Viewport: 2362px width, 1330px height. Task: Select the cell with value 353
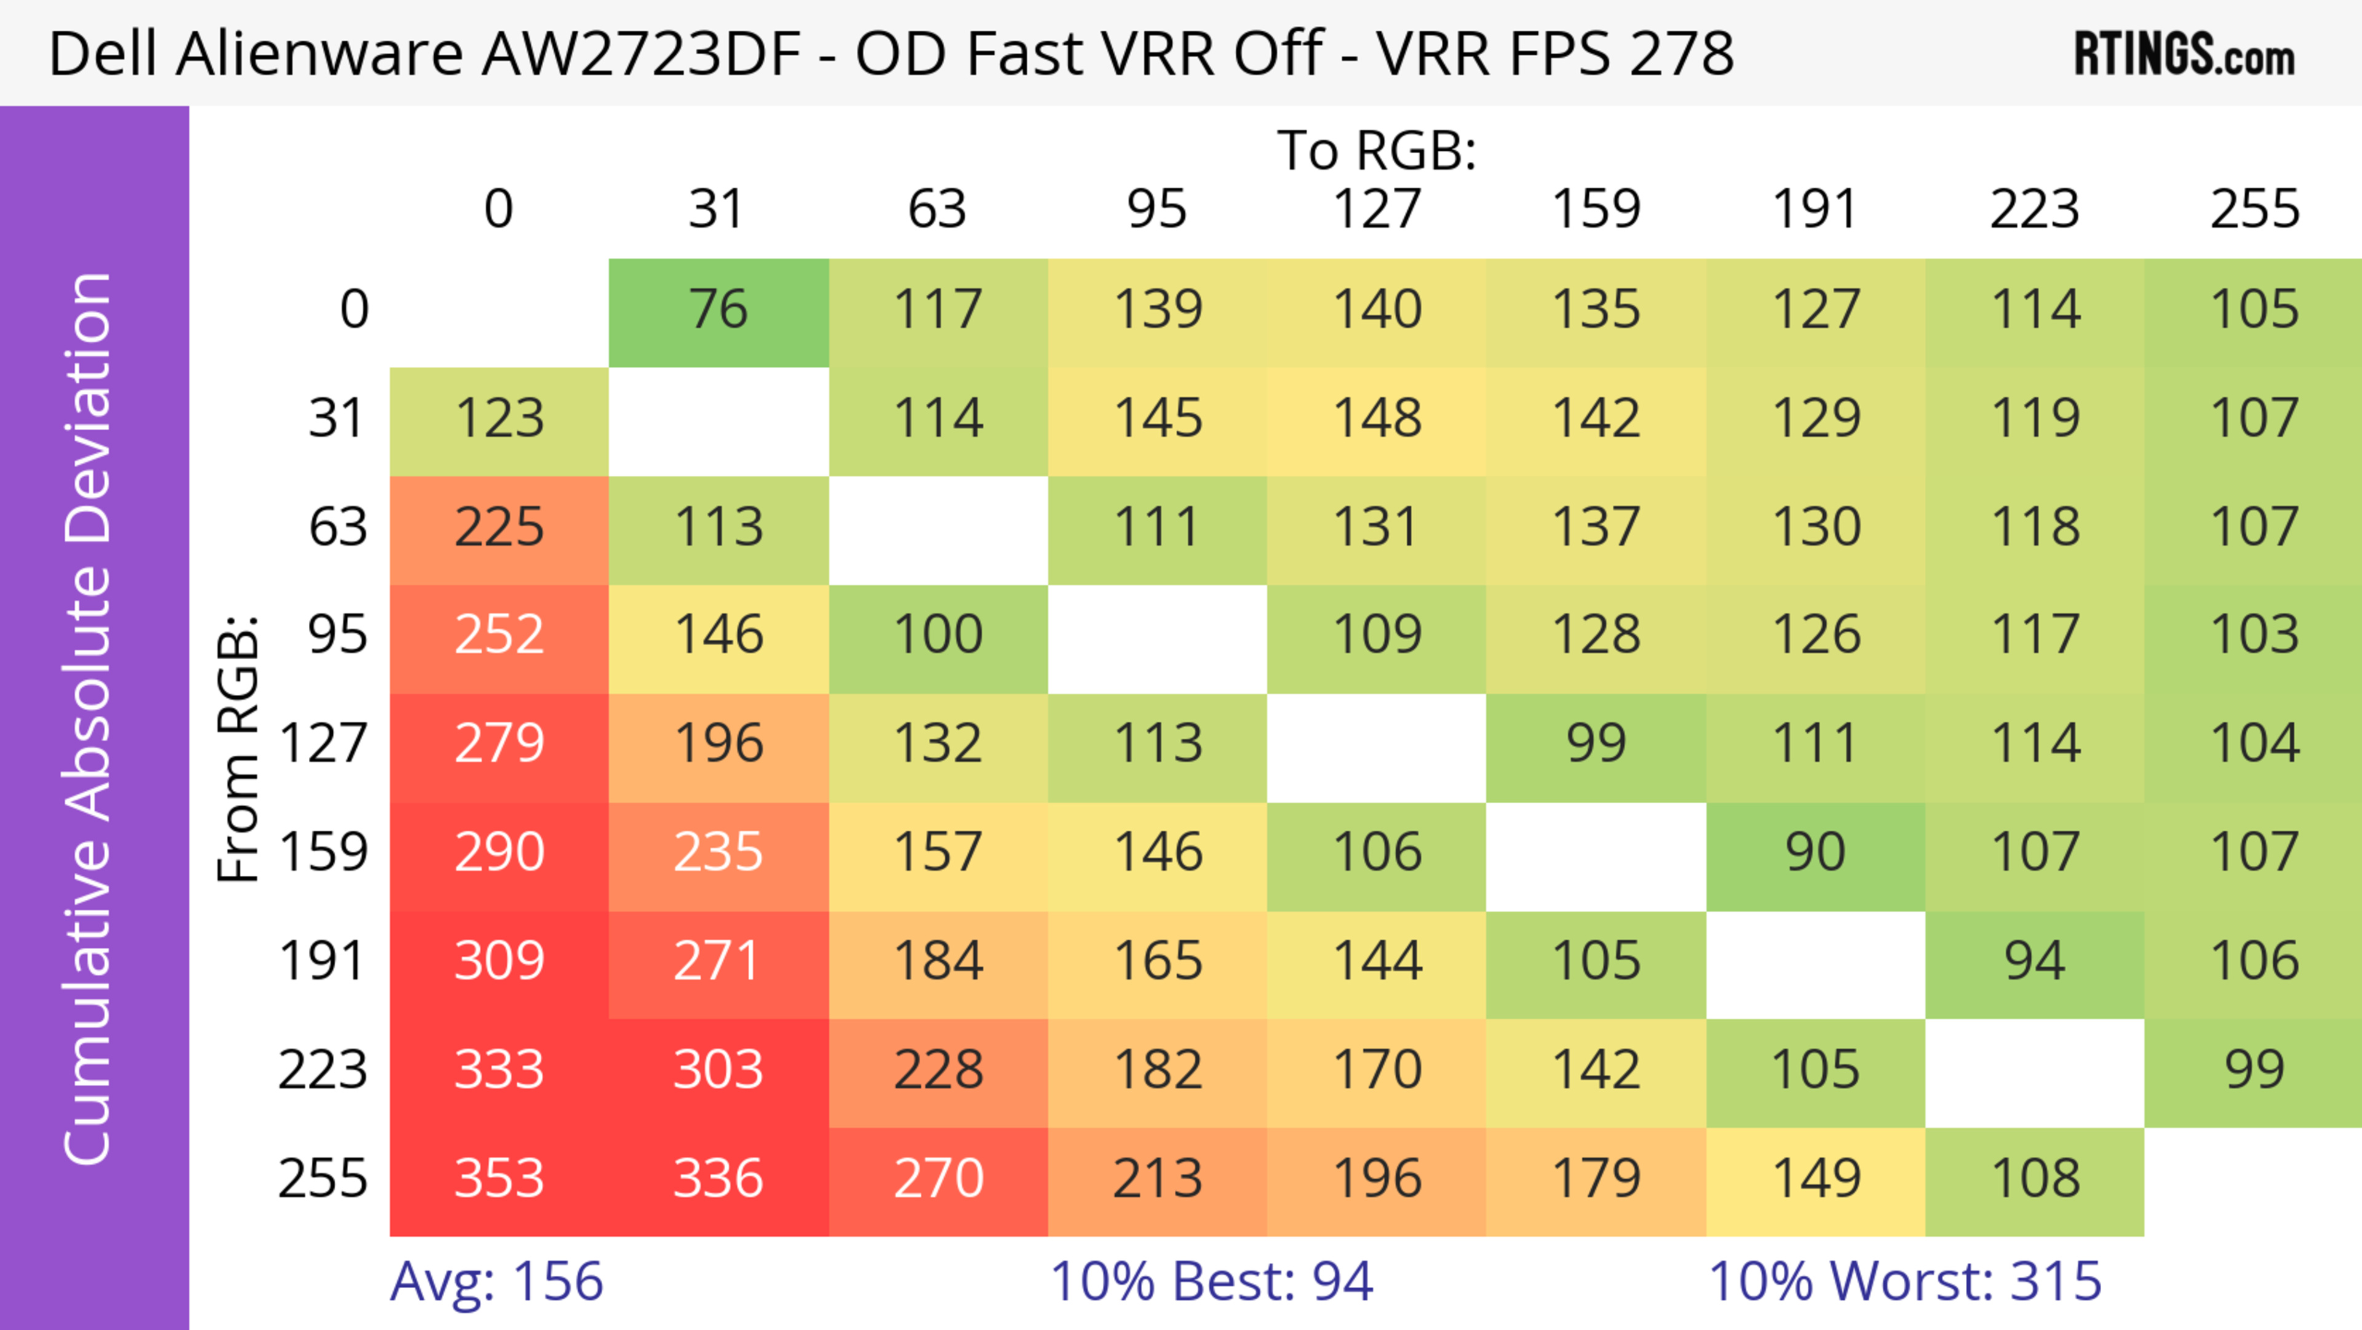coord(499,1179)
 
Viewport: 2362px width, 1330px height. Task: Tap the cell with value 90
coord(1816,852)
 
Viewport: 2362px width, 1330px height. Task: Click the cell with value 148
coord(1377,419)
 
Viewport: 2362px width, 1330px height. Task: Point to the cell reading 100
coord(938,635)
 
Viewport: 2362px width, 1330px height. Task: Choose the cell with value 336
coord(719,1179)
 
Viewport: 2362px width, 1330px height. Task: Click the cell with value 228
coord(938,1070)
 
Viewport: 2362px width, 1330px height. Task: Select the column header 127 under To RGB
coord(1377,209)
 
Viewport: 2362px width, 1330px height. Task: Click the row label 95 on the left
coord(338,635)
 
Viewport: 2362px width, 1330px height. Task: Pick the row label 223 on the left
coord(323,1070)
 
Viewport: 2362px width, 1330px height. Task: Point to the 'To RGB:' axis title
coord(1377,150)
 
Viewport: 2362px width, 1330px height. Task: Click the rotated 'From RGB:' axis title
coord(239,748)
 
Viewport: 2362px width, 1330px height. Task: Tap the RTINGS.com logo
coord(2184,54)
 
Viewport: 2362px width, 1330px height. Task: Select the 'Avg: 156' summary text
coord(497,1281)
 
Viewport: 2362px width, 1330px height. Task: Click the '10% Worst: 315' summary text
coord(1904,1281)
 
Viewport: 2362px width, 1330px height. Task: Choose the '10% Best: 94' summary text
coord(1211,1281)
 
